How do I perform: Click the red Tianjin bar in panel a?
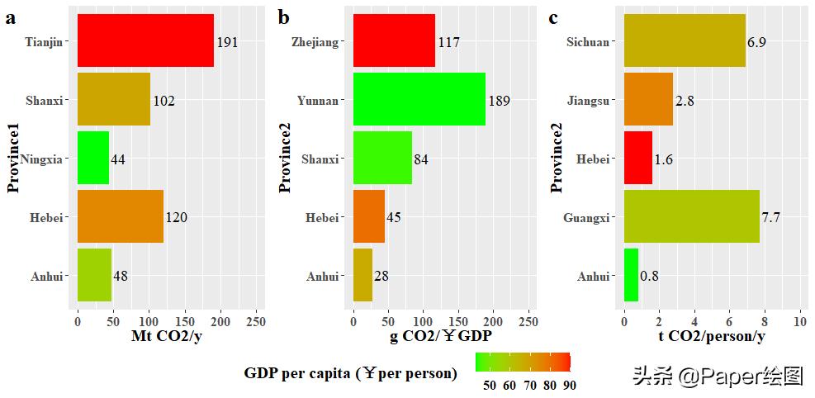[x=145, y=40]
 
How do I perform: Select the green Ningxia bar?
[x=93, y=158]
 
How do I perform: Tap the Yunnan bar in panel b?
[x=419, y=99]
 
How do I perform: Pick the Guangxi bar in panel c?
[x=691, y=216]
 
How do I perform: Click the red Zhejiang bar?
[x=394, y=40]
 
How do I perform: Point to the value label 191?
[x=227, y=42]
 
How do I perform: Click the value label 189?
[x=499, y=101]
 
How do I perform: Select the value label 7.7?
[x=771, y=218]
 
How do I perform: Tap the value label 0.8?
[x=649, y=277]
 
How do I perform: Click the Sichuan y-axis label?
[x=588, y=42]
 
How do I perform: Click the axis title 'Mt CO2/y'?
[x=166, y=336]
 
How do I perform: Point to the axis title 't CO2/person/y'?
[x=712, y=336]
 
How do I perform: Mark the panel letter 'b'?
[x=283, y=17]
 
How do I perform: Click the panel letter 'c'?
[x=553, y=17]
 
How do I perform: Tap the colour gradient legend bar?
[x=523, y=362]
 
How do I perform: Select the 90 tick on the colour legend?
[x=570, y=385]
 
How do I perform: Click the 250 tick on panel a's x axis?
[x=255, y=320]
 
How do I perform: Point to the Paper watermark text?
[x=718, y=377]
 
